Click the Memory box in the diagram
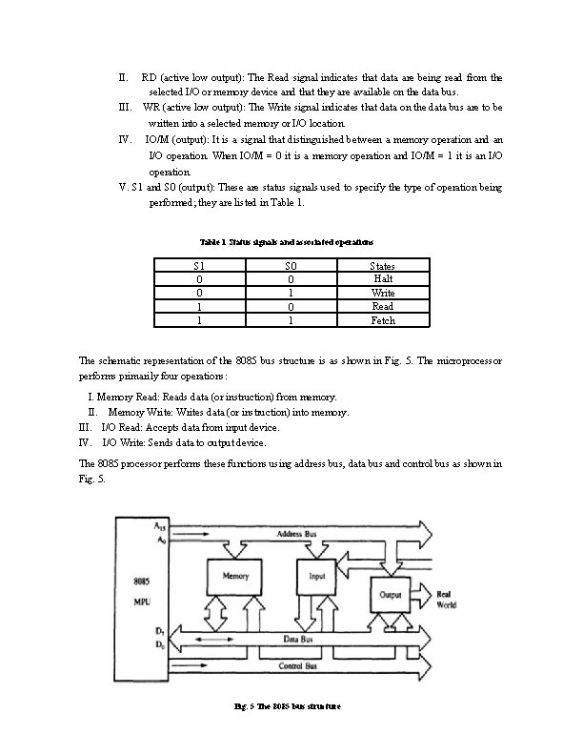tap(235, 577)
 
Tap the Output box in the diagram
tap(391, 594)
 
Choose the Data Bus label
tap(299, 639)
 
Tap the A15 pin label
tap(160, 525)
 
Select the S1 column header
tap(199, 266)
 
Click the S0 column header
tap(291, 266)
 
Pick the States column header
tap(383, 266)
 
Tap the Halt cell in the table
tap(383, 279)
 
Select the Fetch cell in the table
tap(383, 321)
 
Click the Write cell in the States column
tap(383, 293)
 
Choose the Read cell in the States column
tap(383, 307)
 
